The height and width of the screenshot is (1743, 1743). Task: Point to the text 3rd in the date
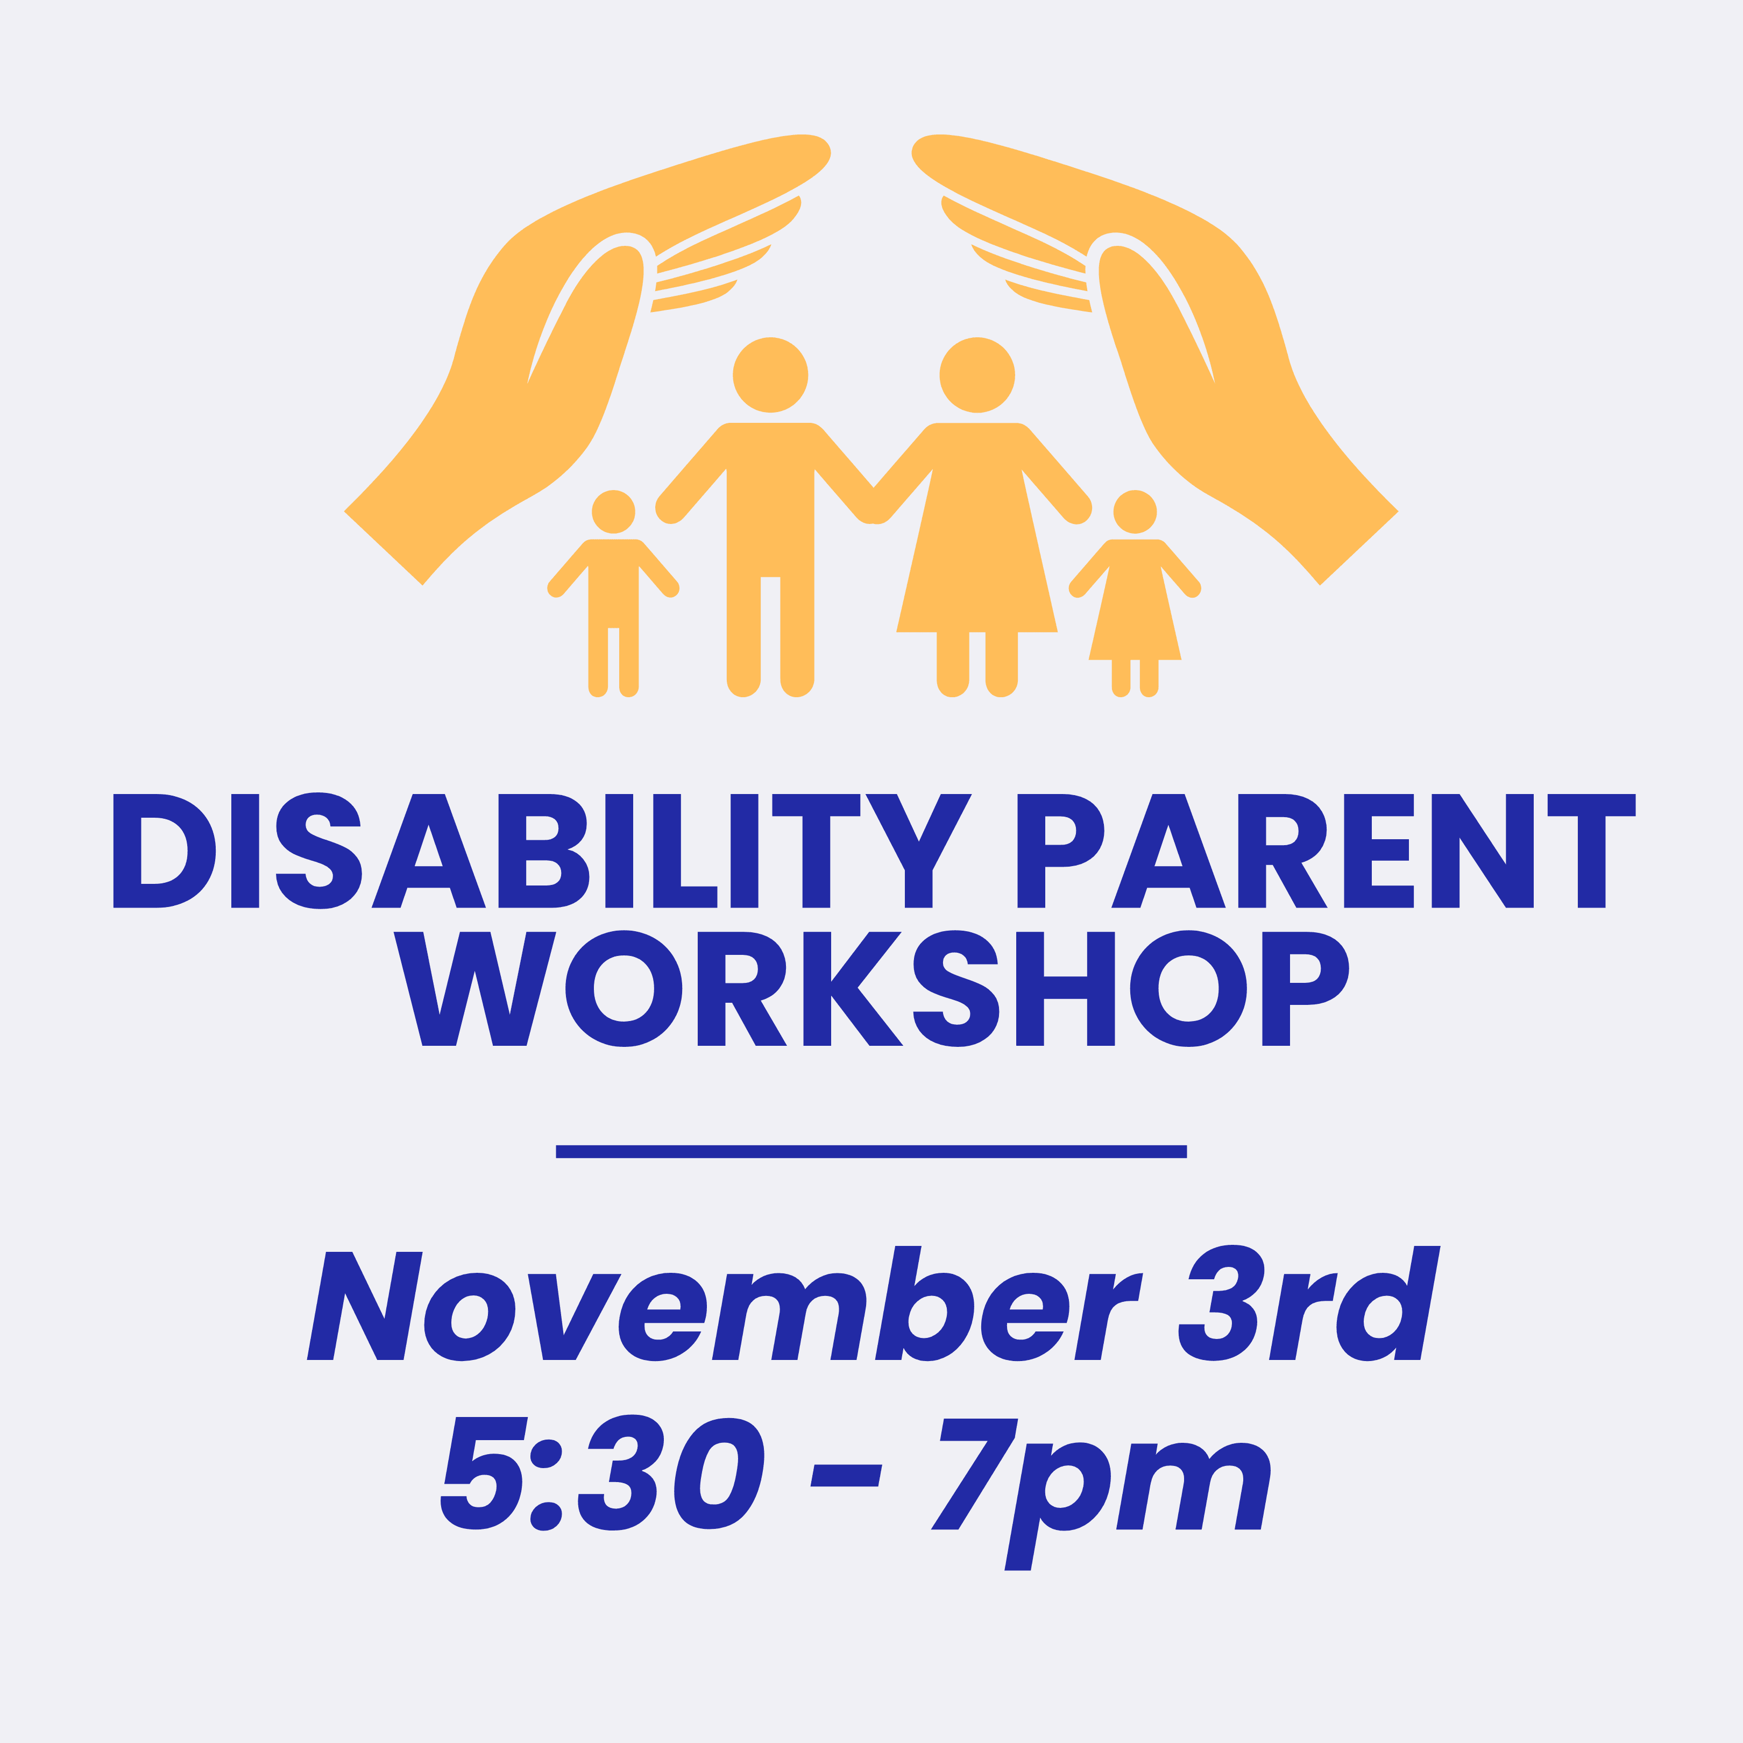tap(1309, 1303)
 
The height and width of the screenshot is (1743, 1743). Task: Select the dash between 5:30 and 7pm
tap(846, 1475)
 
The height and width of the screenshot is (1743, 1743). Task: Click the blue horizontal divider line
tap(871, 1151)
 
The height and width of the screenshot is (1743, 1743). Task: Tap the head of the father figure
tap(770, 374)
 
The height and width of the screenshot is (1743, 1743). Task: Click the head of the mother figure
tap(977, 374)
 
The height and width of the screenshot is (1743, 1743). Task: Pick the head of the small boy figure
tap(613, 512)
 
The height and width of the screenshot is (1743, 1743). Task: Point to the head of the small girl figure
tap(1135, 512)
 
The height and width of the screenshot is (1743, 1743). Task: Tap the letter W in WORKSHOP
tap(474, 989)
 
